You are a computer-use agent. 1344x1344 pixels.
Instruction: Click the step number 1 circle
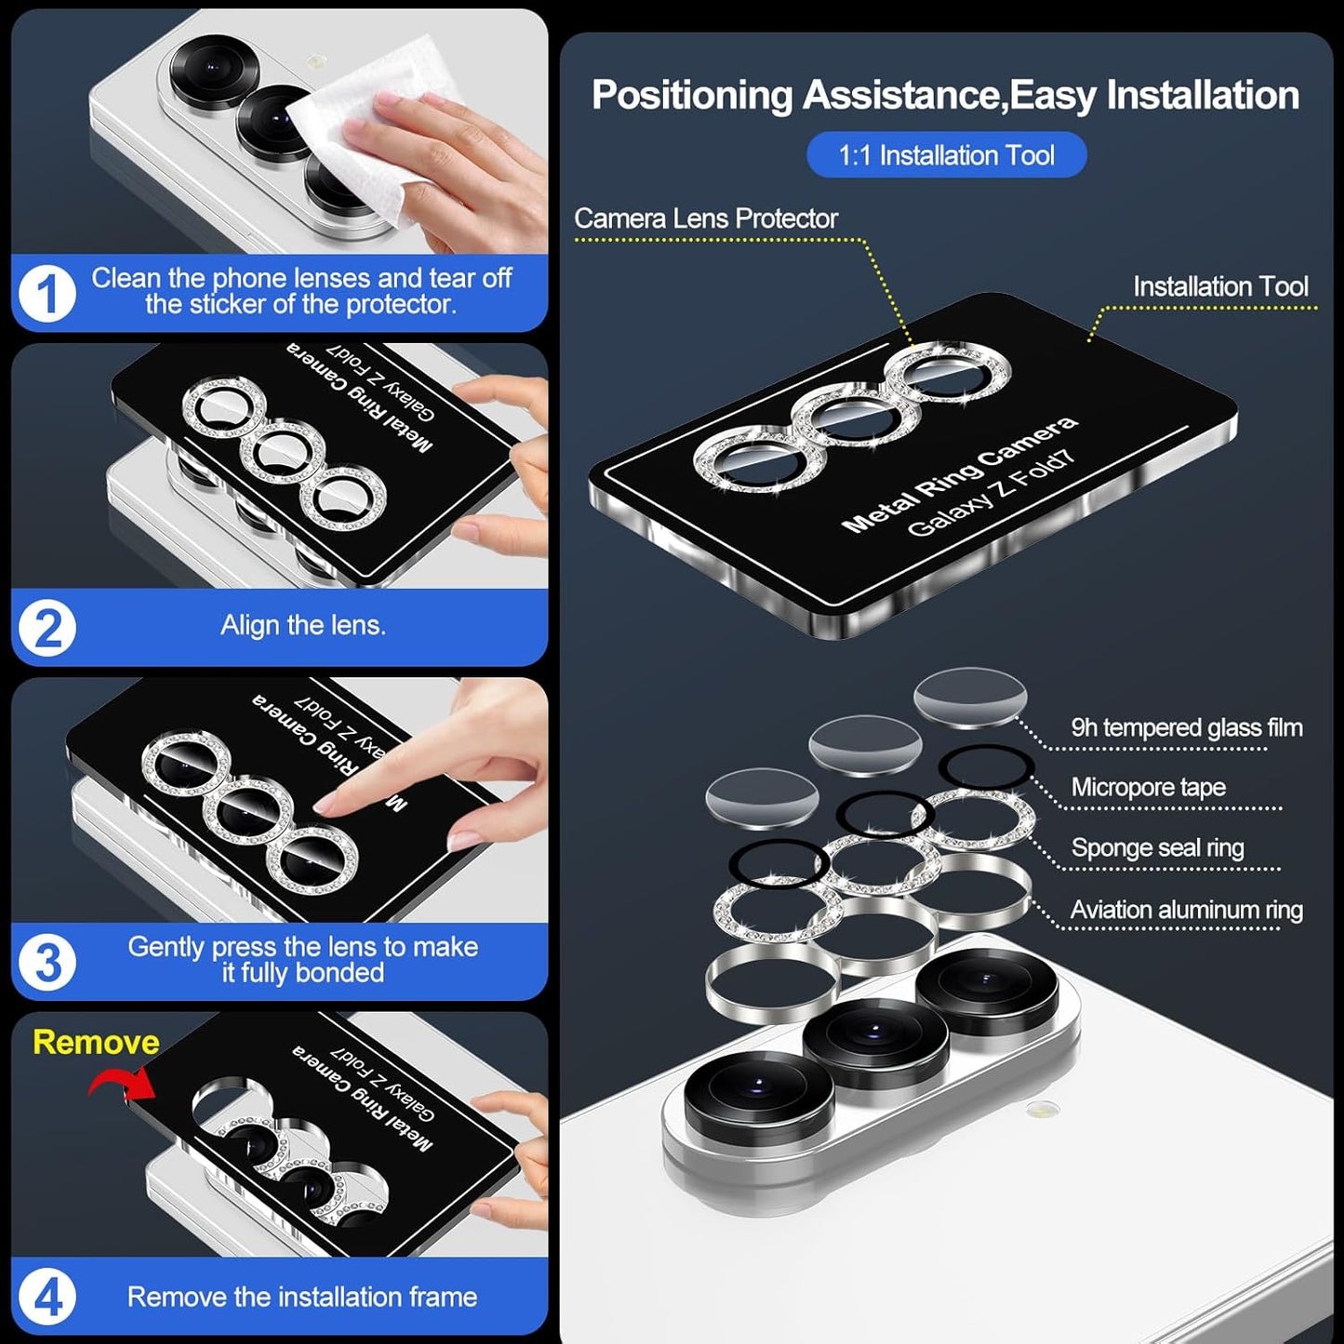pyautogui.click(x=47, y=294)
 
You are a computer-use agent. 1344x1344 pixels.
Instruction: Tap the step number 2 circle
pyautogui.click(x=47, y=629)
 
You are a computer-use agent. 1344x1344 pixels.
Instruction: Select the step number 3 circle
pyautogui.click(x=47, y=963)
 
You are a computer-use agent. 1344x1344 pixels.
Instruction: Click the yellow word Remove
pyautogui.click(x=96, y=1043)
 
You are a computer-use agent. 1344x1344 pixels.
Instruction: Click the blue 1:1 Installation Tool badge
pyautogui.click(x=946, y=155)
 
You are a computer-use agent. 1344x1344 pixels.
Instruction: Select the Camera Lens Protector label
pyautogui.click(x=706, y=219)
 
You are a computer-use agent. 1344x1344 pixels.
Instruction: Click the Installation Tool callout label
pyautogui.click(x=1220, y=286)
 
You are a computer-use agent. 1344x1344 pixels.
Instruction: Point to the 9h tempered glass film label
pyautogui.click(x=1186, y=727)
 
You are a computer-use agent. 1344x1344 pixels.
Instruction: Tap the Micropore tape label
pyautogui.click(x=1148, y=788)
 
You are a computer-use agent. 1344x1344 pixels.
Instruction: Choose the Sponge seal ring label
pyautogui.click(x=1157, y=848)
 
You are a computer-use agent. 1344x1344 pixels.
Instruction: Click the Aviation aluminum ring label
pyautogui.click(x=1186, y=910)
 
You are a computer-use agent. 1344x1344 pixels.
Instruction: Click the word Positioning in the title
pyautogui.click(x=692, y=96)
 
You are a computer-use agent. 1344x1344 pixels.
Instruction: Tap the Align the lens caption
pyautogui.click(x=302, y=626)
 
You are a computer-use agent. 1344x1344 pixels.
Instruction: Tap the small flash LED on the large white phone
pyautogui.click(x=1044, y=1109)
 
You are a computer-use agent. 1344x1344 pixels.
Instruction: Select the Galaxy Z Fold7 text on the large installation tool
pyautogui.click(x=991, y=495)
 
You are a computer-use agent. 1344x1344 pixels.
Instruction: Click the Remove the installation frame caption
pyautogui.click(x=302, y=1297)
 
